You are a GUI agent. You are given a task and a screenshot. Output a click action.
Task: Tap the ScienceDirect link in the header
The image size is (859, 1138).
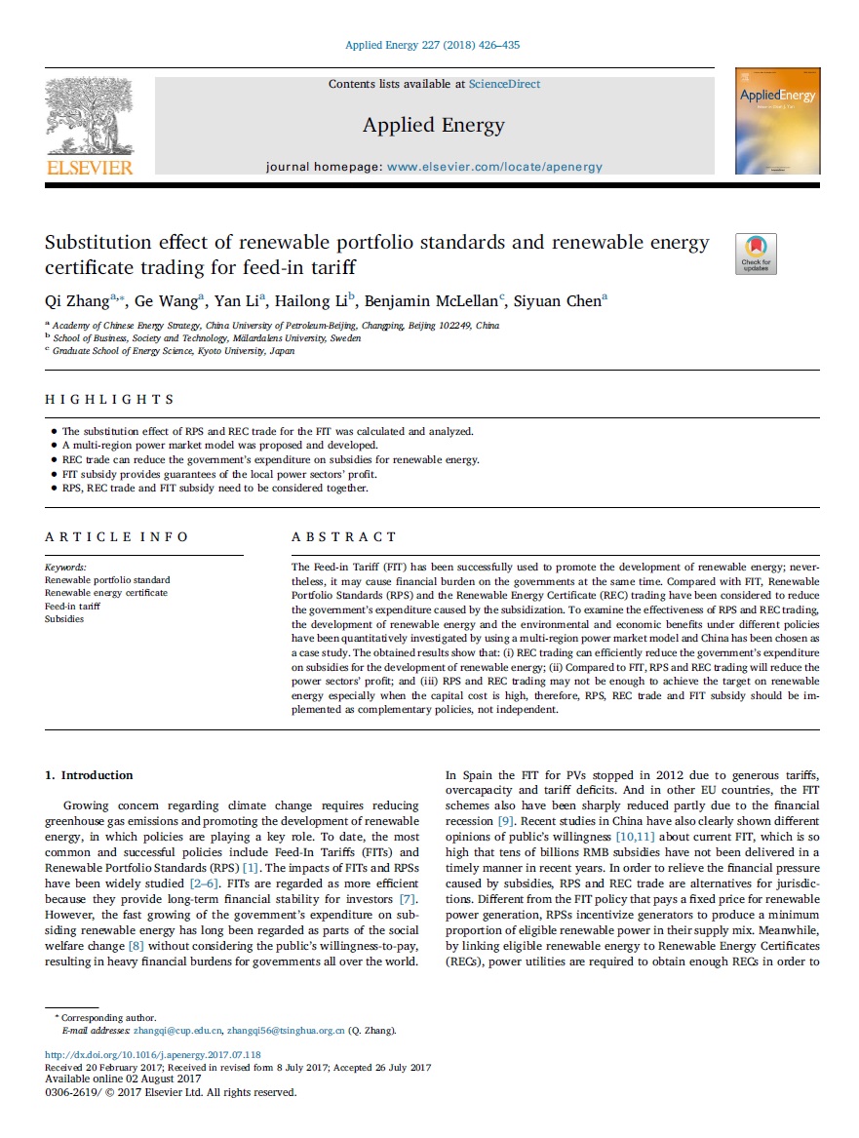504,84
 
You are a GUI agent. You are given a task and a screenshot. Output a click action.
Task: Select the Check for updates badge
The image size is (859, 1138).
756,254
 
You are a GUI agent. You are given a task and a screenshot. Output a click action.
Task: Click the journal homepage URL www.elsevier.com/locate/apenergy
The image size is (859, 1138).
494,167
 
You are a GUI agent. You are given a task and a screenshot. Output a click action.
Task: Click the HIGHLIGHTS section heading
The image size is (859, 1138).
109,399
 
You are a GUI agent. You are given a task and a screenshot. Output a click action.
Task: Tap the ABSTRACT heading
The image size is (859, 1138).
344,536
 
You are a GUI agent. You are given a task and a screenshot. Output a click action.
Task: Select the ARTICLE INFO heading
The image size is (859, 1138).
116,536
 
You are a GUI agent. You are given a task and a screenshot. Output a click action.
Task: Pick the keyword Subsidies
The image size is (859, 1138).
64,618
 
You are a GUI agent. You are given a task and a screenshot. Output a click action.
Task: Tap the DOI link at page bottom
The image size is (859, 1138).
153,1055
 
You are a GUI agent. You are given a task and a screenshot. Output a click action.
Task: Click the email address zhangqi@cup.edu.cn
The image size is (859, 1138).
178,1030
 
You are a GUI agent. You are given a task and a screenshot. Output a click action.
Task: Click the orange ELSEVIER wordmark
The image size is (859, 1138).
89,168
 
